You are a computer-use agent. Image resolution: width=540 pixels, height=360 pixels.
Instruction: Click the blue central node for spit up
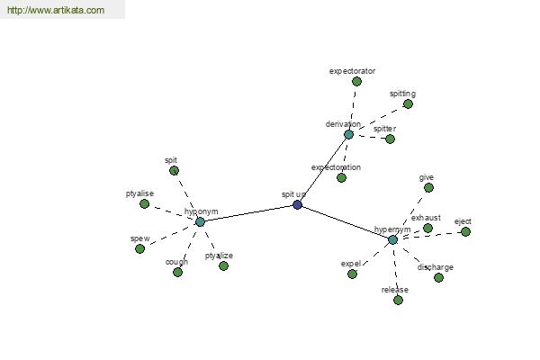[x=298, y=205]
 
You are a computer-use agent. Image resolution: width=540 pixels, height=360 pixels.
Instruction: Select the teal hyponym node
[x=200, y=222]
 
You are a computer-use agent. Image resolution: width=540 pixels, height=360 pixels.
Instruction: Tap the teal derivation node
[x=348, y=134]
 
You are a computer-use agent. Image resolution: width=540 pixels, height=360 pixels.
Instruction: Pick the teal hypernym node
[x=392, y=239]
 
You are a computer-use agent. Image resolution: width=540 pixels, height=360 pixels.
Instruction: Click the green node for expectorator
[x=356, y=82]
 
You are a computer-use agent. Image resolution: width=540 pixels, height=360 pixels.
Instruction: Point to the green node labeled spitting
[x=408, y=104]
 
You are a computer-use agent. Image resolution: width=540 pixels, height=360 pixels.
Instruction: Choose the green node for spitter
[x=390, y=139]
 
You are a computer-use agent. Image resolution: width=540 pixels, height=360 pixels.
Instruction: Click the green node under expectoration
[x=341, y=178]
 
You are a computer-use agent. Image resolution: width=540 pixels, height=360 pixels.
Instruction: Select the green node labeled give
[x=428, y=188]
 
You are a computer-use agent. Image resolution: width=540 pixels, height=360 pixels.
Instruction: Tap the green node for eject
[x=465, y=232]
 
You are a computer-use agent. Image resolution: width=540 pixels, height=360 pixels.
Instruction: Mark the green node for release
[x=398, y=300]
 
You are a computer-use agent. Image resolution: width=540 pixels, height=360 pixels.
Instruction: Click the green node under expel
[x=352, y=274]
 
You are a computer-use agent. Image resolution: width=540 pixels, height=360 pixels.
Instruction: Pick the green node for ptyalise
[x=144, y=204]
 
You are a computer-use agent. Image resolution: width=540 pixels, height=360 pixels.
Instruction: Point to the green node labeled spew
[x=139, y=248]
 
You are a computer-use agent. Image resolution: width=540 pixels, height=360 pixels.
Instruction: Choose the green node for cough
[x=177, y=273]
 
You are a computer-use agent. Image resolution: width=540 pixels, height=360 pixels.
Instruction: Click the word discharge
[x=436, y=267]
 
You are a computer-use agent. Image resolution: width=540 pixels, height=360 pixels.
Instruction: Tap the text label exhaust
[x=426, y=218]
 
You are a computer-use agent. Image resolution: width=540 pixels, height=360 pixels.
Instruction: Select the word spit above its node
[x=171, y=160]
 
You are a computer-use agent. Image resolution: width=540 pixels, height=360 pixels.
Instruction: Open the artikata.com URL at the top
[x=56, y=10]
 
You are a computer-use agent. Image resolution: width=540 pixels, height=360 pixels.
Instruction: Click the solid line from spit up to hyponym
[x=248, y=213]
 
